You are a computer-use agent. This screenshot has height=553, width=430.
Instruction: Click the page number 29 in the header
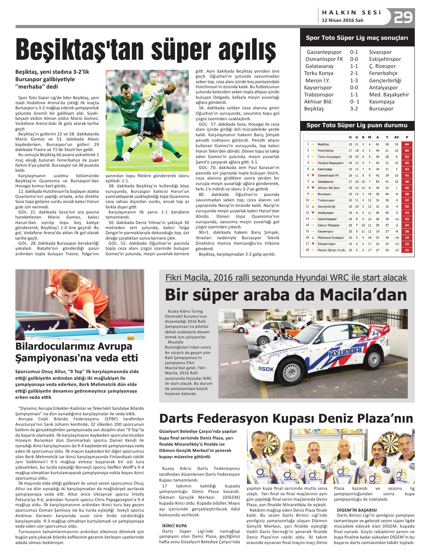tap(403, 18)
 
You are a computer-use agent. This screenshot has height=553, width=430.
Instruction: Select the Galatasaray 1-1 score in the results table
tap(354, 66)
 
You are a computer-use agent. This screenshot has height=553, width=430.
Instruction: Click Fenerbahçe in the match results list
tap(383, 73)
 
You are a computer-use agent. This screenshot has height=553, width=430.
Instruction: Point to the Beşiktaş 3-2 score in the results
tap(354, 109)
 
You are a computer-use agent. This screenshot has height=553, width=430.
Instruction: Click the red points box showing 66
tap(407, 144)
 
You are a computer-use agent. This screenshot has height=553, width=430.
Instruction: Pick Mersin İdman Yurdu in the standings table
tap(331, 250)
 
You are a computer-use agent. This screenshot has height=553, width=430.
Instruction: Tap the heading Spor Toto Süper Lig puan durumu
tap(357, 125)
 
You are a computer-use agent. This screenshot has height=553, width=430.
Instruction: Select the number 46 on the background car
tap(273, 325)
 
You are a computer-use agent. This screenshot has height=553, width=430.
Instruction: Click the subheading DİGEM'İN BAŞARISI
tap(357, 510)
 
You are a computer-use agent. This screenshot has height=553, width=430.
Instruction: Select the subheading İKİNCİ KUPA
tap(174, 526)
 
